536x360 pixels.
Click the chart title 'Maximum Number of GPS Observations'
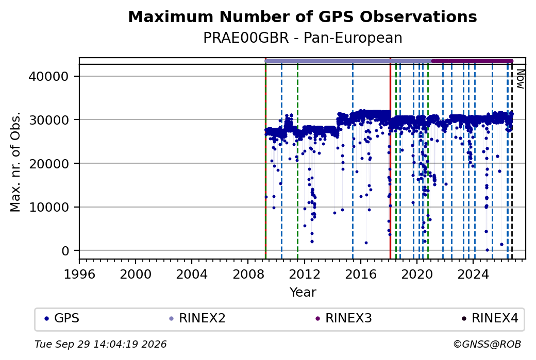pyautogui.click(x=303, y=16)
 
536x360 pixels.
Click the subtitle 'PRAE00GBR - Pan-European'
pyautogui.click(x=303, y=38)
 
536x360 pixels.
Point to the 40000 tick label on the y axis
pyautogui.click(x=49, y=76)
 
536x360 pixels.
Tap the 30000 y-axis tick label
pyautogui.click(x=49, y=120)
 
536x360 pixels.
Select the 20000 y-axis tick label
pyautogui.click(x=49, y=164)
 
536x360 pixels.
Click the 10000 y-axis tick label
pyautogui.click(x=49, y=208)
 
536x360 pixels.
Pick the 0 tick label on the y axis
pyautogui.click(x=65, y=251)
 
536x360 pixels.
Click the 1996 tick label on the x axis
pyautogui.click(x=79, y=274)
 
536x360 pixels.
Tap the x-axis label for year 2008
pyautogui.click(x=248, y=274)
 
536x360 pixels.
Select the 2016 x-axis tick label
pyautogui.click(x=361, y=274)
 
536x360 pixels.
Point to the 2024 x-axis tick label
pyautogui.click(x=473, y=274)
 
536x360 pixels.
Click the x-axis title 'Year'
pyautogui.click(x=303, y=293)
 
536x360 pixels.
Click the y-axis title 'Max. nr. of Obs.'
pyautogui.click(x=15, y=162)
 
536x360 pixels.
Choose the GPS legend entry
pyautogui.click(x=62, y=318)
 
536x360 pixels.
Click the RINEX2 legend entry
pyautogui.click(x=197, y=318)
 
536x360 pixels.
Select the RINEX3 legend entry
pyautogui.click(x=344, y=318)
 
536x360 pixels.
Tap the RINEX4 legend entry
pyautogui.click(x=490, y=318)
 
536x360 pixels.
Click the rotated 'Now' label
pyautogui.click(x=520, y=79)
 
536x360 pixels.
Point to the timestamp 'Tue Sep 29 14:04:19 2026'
pyautogui.click(x=100, y=344)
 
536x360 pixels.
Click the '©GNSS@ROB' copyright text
pyautogui.click(x=487, y=344)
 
